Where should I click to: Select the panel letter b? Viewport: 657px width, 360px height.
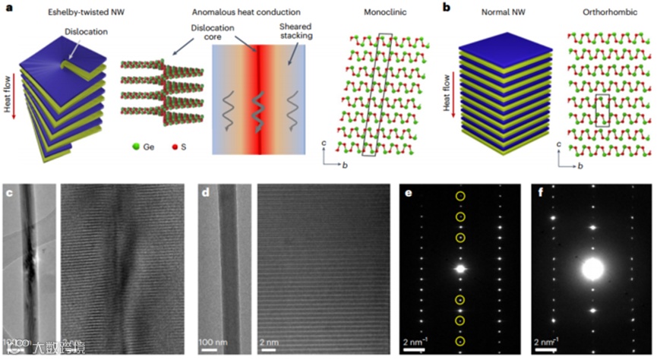click(x=446, y=7)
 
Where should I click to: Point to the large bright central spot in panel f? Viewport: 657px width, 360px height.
click(x=592, y=269)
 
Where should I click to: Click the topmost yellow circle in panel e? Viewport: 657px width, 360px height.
click(x=460, y=197)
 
